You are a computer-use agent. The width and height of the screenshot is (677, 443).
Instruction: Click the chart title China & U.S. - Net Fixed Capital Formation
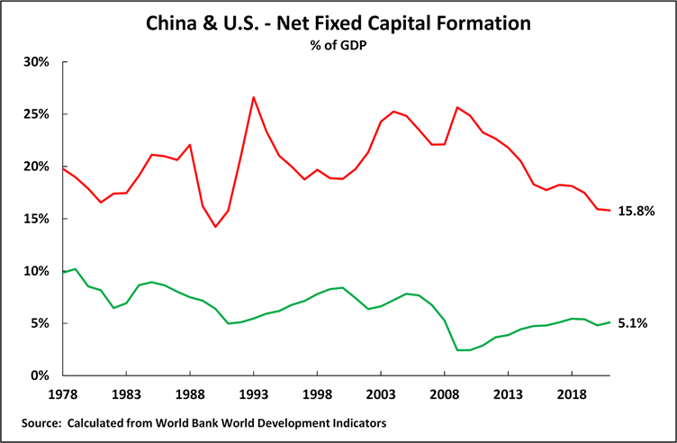point(338,22)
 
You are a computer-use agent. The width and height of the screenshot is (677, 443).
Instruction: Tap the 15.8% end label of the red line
point(636,211)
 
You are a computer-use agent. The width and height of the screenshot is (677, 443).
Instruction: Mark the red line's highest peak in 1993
point(254,97)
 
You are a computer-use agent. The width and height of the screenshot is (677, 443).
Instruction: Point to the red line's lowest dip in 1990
point(215,227)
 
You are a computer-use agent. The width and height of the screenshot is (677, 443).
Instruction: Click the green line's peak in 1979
point(75,268)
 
